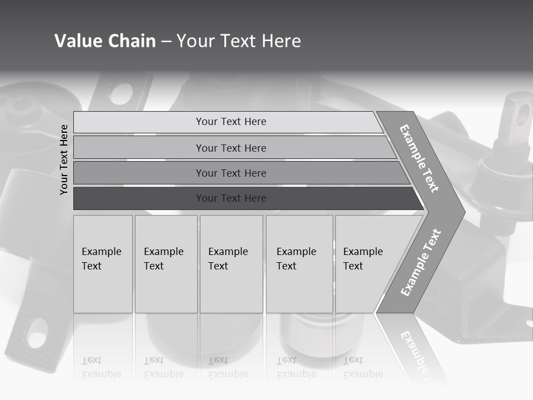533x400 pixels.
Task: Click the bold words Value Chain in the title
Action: (x=105, y=41)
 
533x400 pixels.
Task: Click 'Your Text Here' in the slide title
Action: (x=239, y=41)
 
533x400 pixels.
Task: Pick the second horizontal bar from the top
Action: (x=231, y=148)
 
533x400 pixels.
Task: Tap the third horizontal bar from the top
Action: (x=231, y=173)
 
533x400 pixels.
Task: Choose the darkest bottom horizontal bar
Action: (x=231, y=198)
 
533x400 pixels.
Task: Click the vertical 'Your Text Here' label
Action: (x=64, y=159)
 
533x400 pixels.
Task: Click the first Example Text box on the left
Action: (x=103, y=264)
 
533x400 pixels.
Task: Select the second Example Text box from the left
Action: (x=165, y=264)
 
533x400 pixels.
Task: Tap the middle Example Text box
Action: (x=231, y=264)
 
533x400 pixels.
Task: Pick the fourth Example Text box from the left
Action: (x=299, y=264)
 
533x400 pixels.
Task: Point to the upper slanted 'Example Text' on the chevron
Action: (x=419, y=158)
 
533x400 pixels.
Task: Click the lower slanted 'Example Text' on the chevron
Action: (x=421, y=262)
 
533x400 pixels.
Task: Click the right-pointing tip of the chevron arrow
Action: (x=462, y=212)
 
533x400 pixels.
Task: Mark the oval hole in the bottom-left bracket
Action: (x=37, y=332)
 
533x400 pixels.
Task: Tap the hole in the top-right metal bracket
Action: (x=522, y=115)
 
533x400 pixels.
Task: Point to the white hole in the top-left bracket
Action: (x=123, y=93)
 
